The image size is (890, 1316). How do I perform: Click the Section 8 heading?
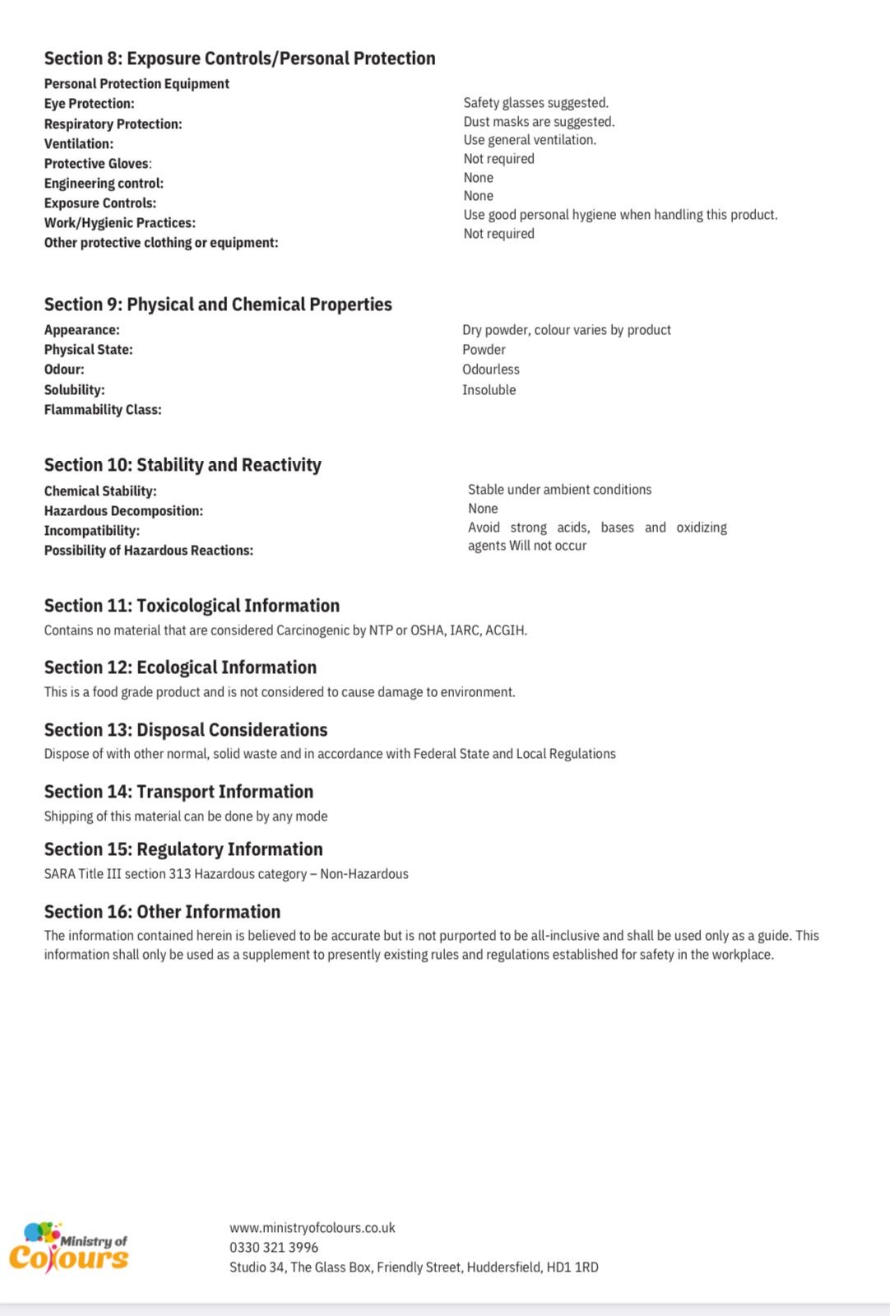tap(239, 58)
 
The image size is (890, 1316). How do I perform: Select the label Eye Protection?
tap(89, 104)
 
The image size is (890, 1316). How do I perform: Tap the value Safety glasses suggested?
tap(535, 103)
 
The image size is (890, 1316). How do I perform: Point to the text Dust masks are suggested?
tap(539, 122)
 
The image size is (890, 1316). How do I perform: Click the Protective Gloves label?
tap(97, 164)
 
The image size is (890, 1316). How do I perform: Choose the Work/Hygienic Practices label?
tap(119, 223)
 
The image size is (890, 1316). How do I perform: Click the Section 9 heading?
tap(218, 305)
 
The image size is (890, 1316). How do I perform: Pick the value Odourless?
tap(490, 370)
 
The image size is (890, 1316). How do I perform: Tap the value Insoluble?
tap(489, 390)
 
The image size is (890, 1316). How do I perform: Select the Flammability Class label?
tap(102, 410)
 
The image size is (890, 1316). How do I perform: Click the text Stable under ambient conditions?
tap(559, 490)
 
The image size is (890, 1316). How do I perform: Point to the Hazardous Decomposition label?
tap(123, 511)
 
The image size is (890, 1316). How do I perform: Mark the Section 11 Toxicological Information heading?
tap(192, 606)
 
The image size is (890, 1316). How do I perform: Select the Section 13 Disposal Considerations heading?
tap(186, 730)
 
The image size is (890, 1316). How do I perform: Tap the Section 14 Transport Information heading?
tap(178, 792)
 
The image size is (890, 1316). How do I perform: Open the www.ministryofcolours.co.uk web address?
tap(312, 1228)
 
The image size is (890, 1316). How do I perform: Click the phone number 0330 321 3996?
tap(274, 1248)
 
